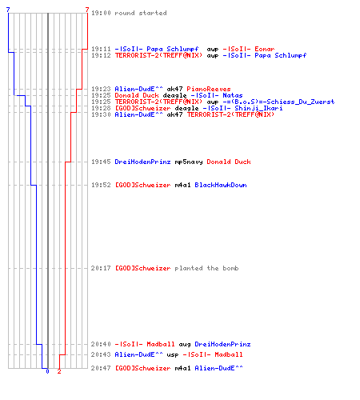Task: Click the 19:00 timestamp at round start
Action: [101, 13]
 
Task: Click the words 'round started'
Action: [141, 13]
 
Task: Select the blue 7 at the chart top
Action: [8, 10]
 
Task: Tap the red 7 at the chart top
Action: [87, 10]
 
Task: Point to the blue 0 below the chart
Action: [47, 371]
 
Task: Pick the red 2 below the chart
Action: [59, 371]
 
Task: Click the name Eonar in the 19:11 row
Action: [265, 49]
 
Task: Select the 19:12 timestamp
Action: [101, 55]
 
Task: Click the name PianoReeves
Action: [209, 89]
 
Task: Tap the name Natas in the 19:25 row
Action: [233, 95]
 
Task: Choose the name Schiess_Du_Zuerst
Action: [301, 102]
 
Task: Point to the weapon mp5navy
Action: [189, 162]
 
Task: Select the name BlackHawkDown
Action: [221, 185]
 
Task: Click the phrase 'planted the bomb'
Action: [206, 268]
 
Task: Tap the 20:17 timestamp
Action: [101, 268]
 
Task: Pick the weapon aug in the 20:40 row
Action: [185, 344]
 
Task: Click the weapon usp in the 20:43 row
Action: [173, 354]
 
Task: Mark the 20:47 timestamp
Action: [101, 368]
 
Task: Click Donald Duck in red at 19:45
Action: [229, 162]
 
